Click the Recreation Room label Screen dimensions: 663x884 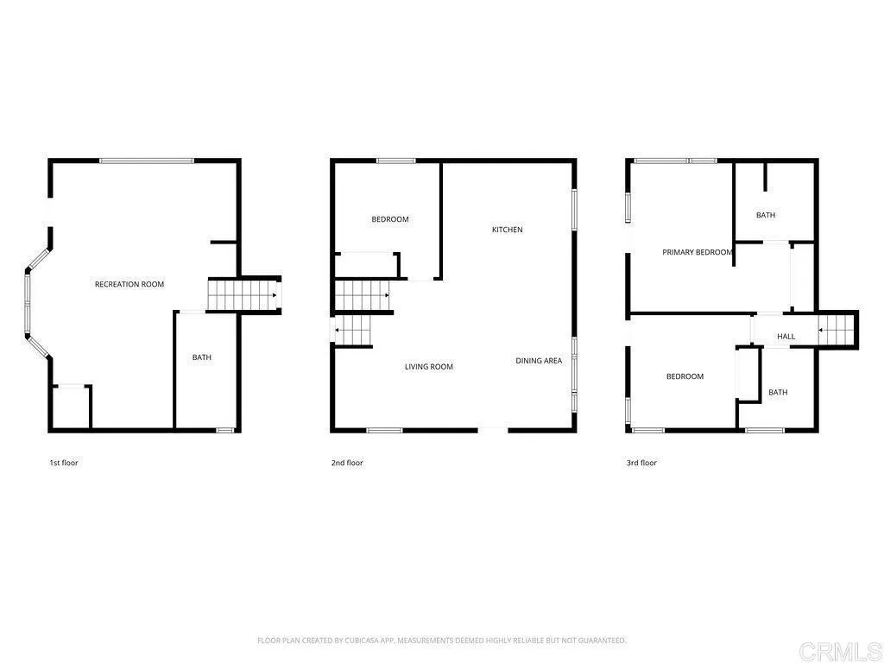(129, 284)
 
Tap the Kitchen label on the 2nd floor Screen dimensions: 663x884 (508, 230)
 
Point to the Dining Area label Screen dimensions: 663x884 (539, 361)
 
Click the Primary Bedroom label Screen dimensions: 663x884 (698, 252)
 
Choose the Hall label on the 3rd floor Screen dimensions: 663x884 (786, 337)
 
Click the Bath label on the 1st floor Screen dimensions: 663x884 (202, 357)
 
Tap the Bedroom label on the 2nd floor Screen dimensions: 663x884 (390, 219)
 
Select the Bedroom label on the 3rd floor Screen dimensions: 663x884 (685, 376)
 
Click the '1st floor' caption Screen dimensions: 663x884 (64, 463)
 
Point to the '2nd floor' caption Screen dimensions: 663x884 (347, 463)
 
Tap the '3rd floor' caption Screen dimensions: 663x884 (641, 463)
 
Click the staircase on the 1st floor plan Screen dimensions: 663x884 (243, 295)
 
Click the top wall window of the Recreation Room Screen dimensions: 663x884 (146, 161)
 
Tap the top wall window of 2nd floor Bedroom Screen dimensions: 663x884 (395, 161)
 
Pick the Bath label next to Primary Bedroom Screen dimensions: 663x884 (766, 215)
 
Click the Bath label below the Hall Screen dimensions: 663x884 (778, 393)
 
